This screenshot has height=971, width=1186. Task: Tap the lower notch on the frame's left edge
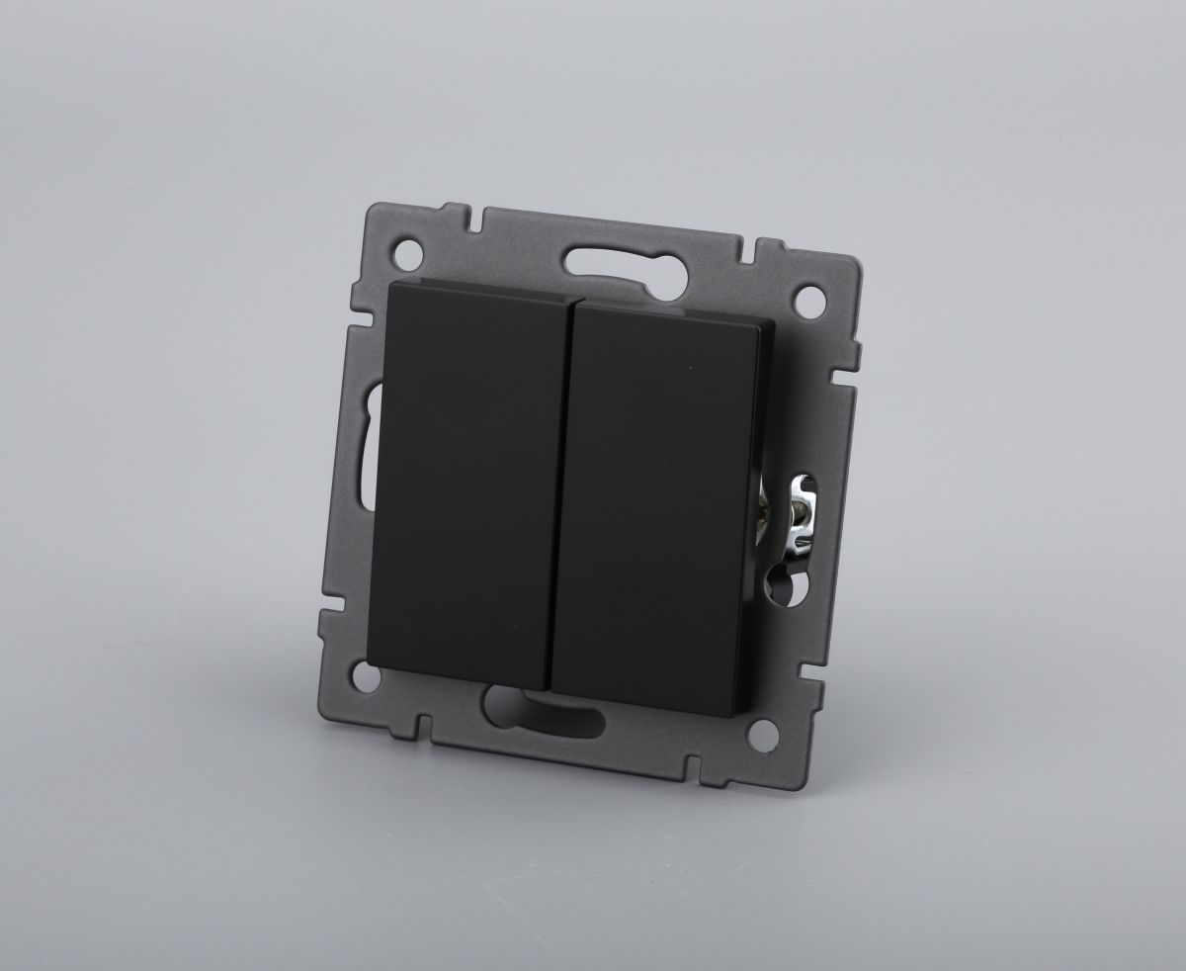click(325, 603)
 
